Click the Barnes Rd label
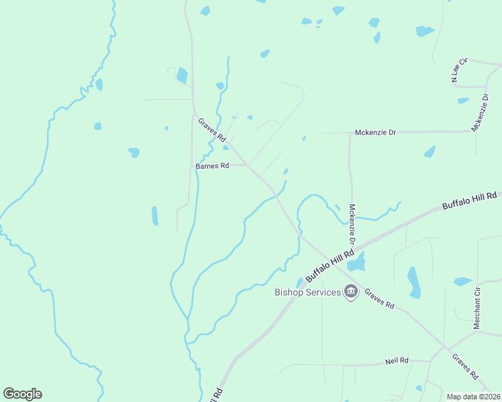click(212, 165)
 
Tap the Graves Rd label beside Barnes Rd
click(212, 130)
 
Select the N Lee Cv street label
click(458, 70)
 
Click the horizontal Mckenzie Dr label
click(374, 133)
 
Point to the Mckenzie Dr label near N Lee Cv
click(481, 113)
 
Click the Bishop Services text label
click(307, 292)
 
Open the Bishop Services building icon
click(350, 291)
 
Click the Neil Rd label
click(397, 360)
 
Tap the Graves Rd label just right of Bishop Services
click(380, 298)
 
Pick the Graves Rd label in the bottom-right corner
click(464, 366)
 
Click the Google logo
click(22, 394)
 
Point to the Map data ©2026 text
click(473, 397)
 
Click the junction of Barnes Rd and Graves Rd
click(248, 165)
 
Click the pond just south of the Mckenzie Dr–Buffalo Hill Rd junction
click(356, 262)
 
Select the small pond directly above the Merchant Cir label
click(462, 281)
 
